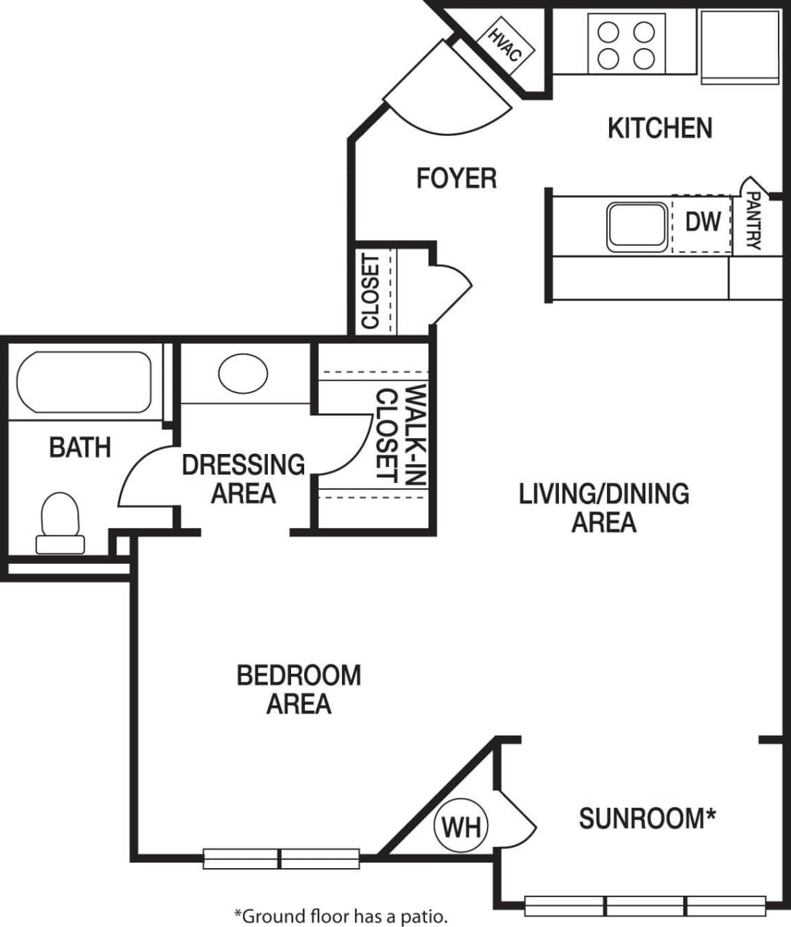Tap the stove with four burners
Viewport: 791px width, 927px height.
point(626,45)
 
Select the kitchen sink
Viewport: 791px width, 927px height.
point(637,225)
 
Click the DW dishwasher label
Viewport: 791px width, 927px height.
point(702,222)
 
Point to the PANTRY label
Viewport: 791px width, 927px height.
point(753,220)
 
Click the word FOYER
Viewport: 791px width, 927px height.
point(456,178)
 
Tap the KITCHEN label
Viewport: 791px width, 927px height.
point(659,129)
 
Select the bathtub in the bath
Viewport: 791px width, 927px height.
point(84,382)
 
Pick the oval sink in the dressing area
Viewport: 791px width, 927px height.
point(242,373)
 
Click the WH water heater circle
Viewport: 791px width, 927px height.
point(461,827)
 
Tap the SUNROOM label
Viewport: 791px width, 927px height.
point(647,819)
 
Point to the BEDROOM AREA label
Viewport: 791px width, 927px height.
point(298,689)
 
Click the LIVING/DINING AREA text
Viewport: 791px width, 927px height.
point(603,508)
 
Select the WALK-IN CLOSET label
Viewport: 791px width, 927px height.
point(400,434)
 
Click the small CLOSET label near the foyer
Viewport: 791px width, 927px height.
point(370,292)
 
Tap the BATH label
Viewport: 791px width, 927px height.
point(80,447)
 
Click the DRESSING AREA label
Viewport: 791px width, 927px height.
point(243,479)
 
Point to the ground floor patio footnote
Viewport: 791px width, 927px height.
point(340,915)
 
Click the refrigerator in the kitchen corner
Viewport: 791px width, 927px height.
point(738,45)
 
